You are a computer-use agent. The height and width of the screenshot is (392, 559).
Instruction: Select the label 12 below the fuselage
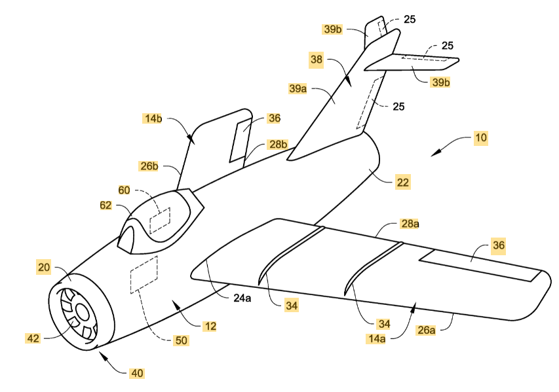(x=210, y=325)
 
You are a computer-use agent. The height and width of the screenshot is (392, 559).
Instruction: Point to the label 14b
(x=153, y=118)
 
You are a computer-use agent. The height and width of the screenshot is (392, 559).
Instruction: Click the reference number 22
(x=402, y=183)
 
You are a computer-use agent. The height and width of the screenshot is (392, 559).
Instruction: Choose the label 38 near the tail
(x=317, y=60)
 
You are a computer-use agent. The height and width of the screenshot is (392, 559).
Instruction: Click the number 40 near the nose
(x=136, y=373)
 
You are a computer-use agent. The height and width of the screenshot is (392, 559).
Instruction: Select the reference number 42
(x=33, y=338)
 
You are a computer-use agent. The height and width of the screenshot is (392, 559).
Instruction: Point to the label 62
(x=105, y=205)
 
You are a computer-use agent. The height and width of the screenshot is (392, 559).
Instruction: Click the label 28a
(x=410, y=224)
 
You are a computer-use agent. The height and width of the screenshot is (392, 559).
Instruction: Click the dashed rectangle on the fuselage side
(x=144, y=274)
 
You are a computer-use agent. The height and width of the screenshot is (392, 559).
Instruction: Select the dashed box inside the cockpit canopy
(x=160, y=220)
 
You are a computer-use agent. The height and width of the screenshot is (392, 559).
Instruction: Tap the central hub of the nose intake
(x=83, y=312)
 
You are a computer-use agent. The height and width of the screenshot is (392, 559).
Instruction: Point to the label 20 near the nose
(x=45, y=267)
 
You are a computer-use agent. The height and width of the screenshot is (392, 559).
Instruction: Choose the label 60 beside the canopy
(x=123, y=190)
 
